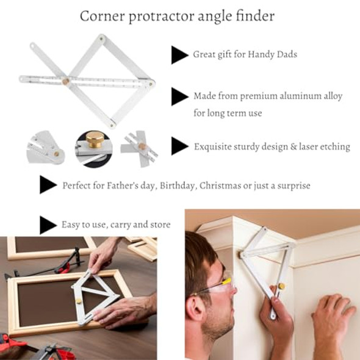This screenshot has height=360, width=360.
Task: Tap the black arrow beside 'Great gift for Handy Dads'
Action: (x=179, y=55)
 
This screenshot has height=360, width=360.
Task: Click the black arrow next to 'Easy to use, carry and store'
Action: (x=48, y=225)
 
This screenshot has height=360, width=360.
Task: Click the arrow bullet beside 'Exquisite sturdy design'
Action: (x=179, y=146)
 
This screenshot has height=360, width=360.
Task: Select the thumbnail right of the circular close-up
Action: (x=140, y=147)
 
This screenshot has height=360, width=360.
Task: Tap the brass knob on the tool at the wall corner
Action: (x=281, y=286)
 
